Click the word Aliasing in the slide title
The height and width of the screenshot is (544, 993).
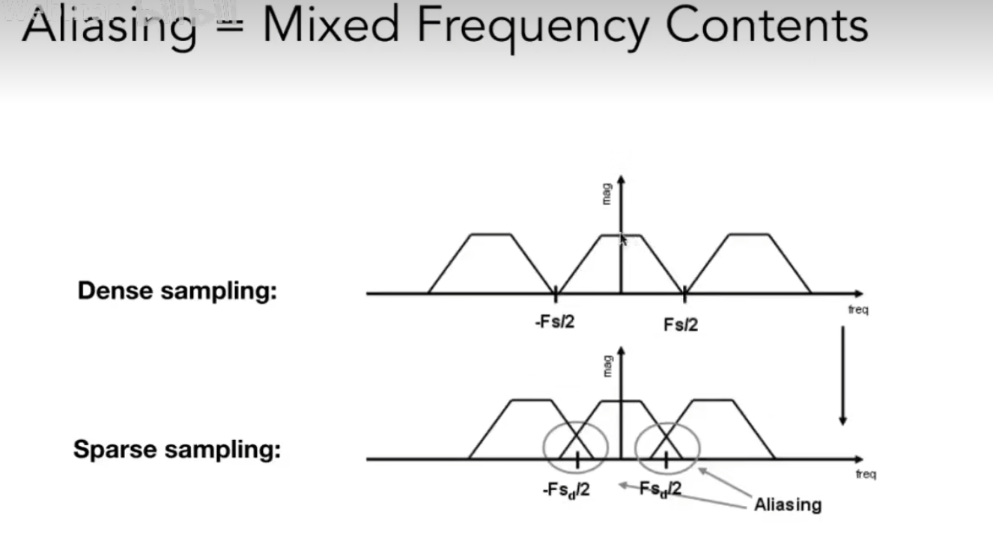click(109, 27)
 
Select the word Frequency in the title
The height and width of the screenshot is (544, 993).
click(532, 27)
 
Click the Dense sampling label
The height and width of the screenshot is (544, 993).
click(177, 290)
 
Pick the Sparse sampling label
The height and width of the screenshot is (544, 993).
click(177, 450)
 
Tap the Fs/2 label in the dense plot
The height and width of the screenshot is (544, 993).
click(681, 324)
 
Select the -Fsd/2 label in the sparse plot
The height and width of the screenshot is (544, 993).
click(565, 490)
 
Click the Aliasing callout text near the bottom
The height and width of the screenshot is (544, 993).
click(787, 504)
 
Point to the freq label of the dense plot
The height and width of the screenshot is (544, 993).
click(858, 310)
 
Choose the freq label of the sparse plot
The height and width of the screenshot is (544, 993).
click(865, 474)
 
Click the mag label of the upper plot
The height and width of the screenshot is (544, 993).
click(607, 193)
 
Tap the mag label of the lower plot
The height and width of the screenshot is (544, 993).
click(607, 365)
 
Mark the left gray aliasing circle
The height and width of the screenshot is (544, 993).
click(573, 447)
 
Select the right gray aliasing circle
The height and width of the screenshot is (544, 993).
click(667, 447)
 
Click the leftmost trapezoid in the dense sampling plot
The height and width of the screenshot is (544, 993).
click(491, 266)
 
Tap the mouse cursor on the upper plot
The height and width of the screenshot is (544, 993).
click(622, 239)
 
